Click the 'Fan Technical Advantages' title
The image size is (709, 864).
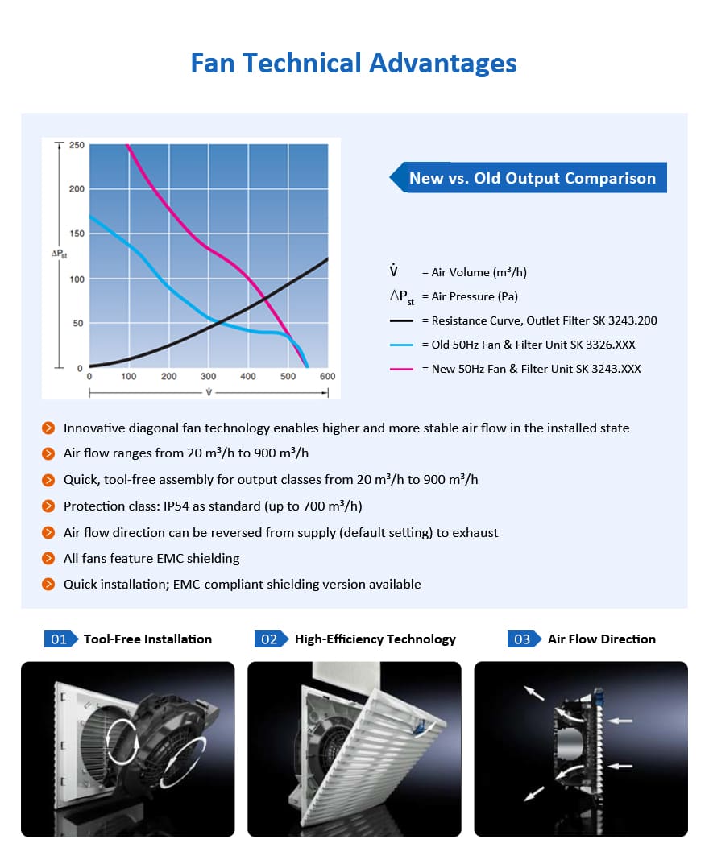(x=354, y=64)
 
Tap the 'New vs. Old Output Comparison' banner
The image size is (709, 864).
(x=529, y=177)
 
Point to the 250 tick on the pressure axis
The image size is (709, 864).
(x=77, y=145)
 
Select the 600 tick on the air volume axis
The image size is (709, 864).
(x=327, y=376)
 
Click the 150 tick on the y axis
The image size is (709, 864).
(x=77, y=234)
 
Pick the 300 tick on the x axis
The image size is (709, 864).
(x=209, y=376)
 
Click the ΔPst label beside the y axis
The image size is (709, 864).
(x=60, y=254)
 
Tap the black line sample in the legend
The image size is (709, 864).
(x=401, y=320)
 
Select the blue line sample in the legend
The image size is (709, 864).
(x=401, y=345)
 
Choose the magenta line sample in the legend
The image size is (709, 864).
(x=401, y=369)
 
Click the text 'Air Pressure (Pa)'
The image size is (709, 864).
(x=475, y=296)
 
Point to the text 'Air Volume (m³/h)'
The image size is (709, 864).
(x=479, y=272)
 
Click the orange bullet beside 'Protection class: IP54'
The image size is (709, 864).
(x=48, y=506)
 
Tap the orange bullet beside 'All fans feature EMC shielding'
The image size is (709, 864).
(x=48, y=558)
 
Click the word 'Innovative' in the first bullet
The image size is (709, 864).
(x=94, y=428)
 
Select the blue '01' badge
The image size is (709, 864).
(x=60, y=639)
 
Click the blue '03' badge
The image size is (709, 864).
(x=524, y=639)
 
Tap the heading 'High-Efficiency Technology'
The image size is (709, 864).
(x=375, y=639)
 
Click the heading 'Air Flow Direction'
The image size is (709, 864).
(x=602, y=639)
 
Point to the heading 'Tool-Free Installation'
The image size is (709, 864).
(x=147, y=639)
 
